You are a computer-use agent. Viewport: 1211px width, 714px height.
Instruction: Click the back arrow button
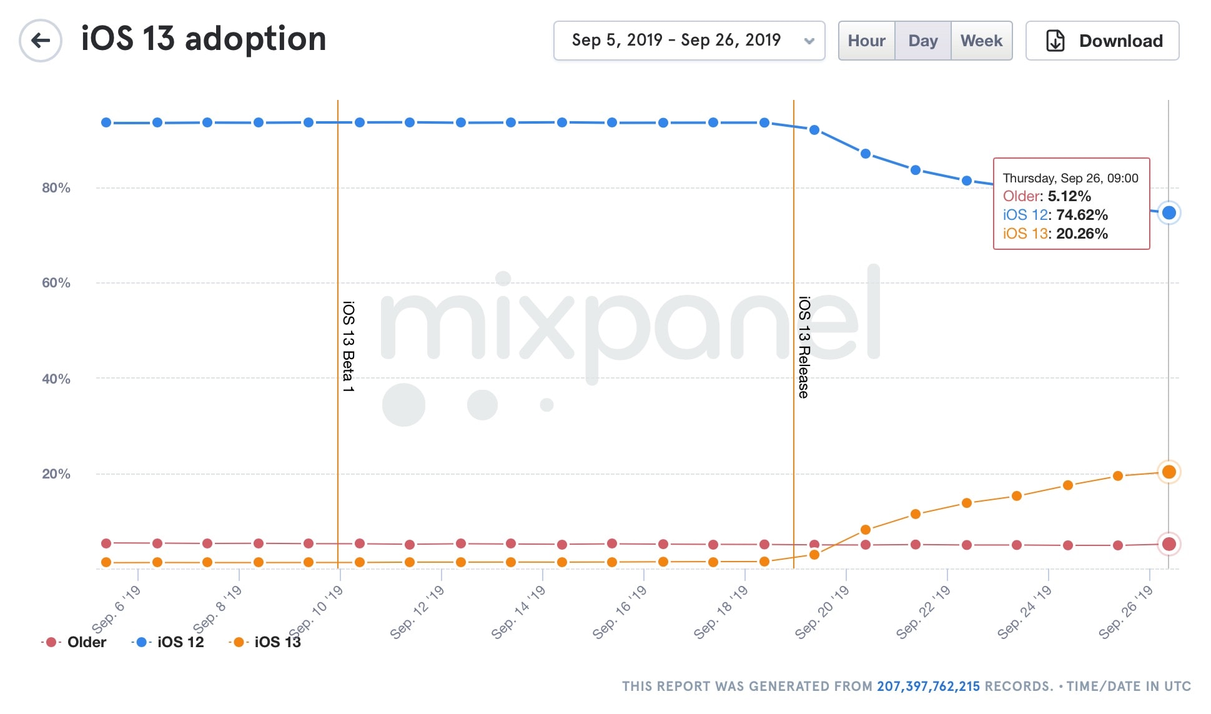[x=41, y=41]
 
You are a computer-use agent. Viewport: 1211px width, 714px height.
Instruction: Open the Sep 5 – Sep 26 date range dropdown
[x=689, y=41]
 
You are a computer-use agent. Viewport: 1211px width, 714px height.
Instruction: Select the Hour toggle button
[x=866, y=41]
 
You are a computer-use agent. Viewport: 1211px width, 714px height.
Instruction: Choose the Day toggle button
[x=922, y=41]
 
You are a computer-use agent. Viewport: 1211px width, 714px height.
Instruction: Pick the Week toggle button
[x=981, y=41]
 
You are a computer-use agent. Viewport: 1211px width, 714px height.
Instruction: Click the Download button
[x=1102, y=41]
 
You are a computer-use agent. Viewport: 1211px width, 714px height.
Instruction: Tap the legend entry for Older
[x=86, y=642]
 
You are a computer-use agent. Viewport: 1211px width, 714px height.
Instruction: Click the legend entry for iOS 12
[x=180, y=642]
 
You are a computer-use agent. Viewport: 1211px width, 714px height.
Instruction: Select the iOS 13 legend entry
[x=277, y=642]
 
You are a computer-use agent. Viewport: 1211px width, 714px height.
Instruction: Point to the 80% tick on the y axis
[x=56, y=188]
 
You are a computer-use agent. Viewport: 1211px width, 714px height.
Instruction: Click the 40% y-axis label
[x=56, y=379]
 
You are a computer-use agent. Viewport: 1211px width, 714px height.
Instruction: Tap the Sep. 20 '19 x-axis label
[x=822, y=612]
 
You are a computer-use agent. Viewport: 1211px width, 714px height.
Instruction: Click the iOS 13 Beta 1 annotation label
[x=348, y=347]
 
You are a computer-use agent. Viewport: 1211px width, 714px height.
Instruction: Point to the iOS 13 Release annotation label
[x=804, y=347]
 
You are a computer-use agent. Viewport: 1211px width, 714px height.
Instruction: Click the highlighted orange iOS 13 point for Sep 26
[x=1169, y=472]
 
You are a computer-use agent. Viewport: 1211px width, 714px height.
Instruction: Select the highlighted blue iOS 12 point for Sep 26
[x=1169, y=213]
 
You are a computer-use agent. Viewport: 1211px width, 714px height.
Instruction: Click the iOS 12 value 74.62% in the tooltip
[x=1082, y=215]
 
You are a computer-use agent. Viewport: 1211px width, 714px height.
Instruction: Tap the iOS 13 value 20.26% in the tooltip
[x=1082, y=234]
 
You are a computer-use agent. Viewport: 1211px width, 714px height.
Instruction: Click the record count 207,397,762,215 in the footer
[x=928, y=687]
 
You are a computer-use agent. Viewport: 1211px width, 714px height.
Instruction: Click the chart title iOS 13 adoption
[x=204, y=39]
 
